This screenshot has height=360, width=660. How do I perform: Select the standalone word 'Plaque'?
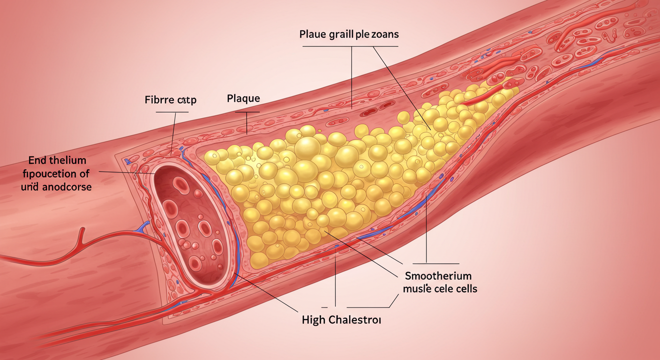243,99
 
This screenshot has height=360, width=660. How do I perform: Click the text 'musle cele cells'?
440,289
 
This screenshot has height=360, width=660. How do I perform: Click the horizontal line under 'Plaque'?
247,112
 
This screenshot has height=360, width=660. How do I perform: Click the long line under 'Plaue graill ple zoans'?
350,46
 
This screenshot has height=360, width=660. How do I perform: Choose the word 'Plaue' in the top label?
311,35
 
